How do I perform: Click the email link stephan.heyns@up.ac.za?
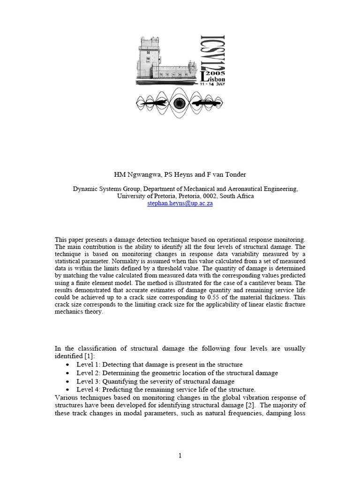coord(180,204)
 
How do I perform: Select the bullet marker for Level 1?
coord(69,365)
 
